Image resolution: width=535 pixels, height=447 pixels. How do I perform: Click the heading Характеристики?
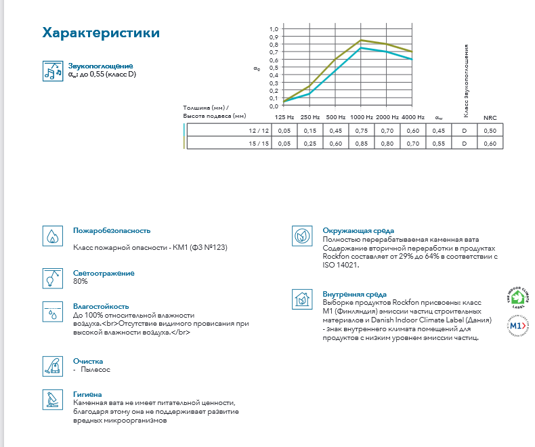click(x=101, y=33)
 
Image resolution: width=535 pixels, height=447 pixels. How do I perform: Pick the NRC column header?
click(x=490, y=117)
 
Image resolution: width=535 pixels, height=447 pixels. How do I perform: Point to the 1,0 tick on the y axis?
click(x=274, y=29)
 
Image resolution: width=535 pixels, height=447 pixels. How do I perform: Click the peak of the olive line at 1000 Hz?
click(x=361, y=40)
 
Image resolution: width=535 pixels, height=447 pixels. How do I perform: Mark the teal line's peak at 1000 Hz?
click(x=361, y=47)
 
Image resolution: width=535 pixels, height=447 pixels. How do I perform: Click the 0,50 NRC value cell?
click(x=490, y=130)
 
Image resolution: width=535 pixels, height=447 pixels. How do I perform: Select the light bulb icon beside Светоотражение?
click(x=51, y=277)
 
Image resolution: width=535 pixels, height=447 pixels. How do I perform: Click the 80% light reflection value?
click(x=81, y=281)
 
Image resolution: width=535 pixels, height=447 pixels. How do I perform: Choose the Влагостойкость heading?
click(x=100, y=306)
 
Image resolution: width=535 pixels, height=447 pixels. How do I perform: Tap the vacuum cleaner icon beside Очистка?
click(x=51, y=366)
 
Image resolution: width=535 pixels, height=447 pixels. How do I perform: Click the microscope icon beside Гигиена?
click(x=51, y=400)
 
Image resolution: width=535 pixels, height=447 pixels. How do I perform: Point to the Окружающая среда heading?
click(x=358, y=231)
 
